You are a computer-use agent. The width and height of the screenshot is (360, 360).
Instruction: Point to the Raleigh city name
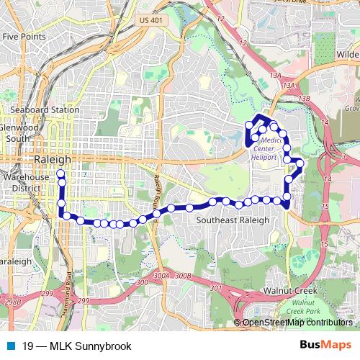[x=53, y=159]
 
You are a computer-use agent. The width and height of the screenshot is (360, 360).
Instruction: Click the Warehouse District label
[x=24, y=181]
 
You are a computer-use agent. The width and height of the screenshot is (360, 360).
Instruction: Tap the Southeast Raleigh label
[x=233, y=220]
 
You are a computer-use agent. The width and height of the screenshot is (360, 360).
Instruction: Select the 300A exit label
[x=162, y=274]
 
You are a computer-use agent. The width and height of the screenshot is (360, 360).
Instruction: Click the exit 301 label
[x=217, y=288]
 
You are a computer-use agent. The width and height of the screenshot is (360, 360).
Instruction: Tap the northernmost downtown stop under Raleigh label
[x=60, y=174]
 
